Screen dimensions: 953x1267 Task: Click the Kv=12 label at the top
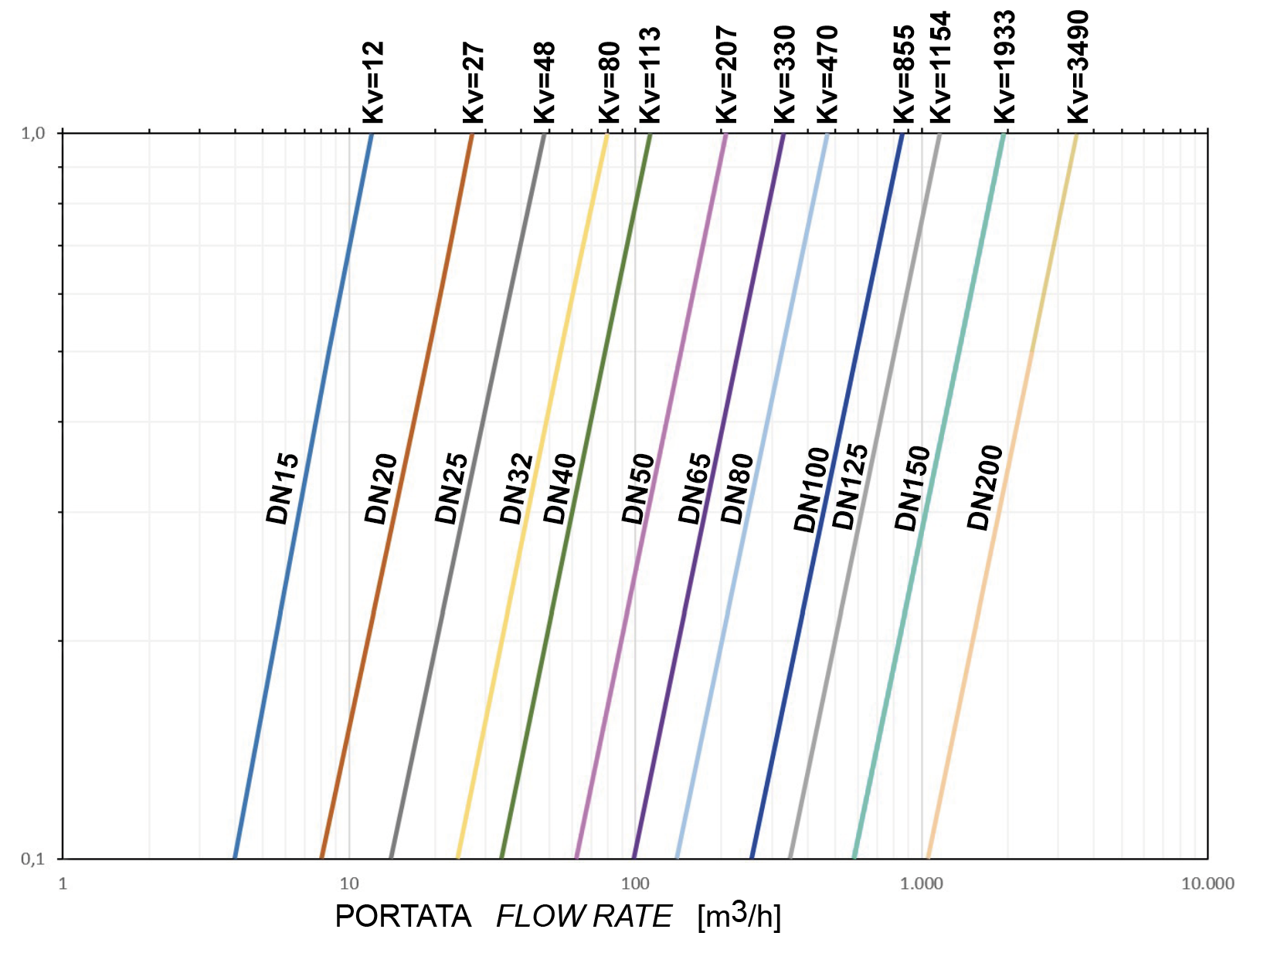pos(373,83)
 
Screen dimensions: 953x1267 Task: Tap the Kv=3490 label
pos(1078,66)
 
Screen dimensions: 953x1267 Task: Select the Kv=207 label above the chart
pos(727,74)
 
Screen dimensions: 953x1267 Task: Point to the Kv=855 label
pos(904,74)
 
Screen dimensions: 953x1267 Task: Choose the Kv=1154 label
pos(940,67)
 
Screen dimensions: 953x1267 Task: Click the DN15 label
pos(282,488)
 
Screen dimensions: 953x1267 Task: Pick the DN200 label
pos(984,488)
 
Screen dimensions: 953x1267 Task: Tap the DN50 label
pos(639,489)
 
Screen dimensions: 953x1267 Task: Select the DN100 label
pos(811,490)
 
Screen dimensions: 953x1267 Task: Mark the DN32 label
pos(517,489)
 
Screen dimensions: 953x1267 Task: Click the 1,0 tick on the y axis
pos(32,133)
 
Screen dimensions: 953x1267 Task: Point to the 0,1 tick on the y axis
pos(32,859)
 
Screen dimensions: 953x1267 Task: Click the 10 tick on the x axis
pos(349,883)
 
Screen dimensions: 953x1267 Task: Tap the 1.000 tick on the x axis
pos(922,883)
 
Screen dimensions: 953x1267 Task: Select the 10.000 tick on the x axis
pos(1208,883)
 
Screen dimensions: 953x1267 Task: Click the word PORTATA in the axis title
pos(403,917)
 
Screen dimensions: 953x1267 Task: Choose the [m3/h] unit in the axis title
pos(739,917)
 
